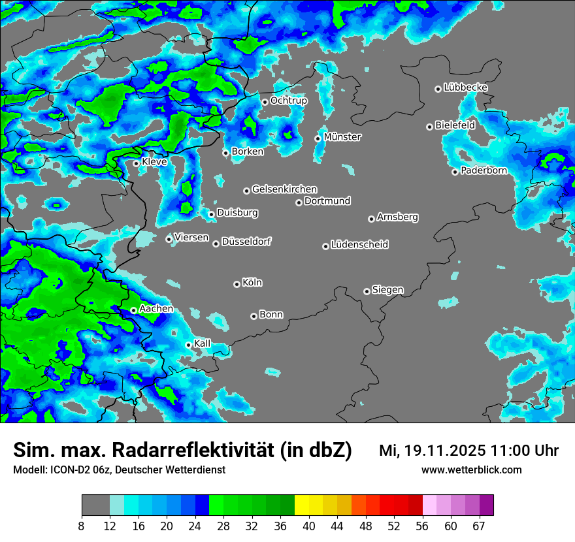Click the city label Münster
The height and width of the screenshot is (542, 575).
pos(342,137)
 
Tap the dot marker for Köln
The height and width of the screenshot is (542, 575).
pos(237,284)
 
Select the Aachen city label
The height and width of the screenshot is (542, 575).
pos(156,309)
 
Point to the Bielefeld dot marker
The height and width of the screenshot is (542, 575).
pos(429,127)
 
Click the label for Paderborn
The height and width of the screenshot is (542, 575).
pos(484,171)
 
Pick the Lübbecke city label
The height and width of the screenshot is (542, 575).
pos(465,88)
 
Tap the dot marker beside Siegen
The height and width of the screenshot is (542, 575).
pos(367,291)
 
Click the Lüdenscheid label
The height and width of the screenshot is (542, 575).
pos(359,245)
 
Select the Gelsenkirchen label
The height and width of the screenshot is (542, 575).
pos(284,189)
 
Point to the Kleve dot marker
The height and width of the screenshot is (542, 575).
pos(136,163)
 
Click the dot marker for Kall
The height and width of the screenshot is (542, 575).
pos(189,345)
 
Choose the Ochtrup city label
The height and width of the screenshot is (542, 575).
pos(289,101)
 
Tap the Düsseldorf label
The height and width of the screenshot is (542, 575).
pos(246,242)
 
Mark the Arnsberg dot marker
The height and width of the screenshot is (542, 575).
pos(371,219)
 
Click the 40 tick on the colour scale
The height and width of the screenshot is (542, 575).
pos(309,526)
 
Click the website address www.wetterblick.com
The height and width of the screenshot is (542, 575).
pos(471,470)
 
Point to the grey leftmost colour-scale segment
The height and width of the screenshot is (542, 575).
pos(95,505)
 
